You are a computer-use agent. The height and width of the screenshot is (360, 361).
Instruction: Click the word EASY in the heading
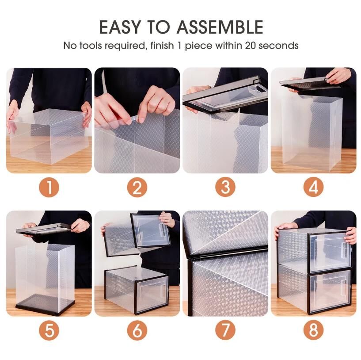[120, 27]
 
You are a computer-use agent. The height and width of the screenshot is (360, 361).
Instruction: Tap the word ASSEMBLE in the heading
[220, 27]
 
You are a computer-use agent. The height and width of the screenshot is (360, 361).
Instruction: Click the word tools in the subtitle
[91, 46]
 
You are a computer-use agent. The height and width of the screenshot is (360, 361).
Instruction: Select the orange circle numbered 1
[49, 187]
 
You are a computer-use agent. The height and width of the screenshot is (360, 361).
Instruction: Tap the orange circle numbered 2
[137, 187]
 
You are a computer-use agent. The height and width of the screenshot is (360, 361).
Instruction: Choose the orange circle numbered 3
[225, 187]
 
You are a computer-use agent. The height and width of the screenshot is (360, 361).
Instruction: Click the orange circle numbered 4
[313, 187]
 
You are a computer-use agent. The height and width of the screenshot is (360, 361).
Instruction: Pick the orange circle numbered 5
[49, 330]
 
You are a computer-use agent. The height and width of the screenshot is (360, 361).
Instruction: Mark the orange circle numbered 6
[137, 330]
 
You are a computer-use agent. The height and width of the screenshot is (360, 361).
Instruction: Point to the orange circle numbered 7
[225, 330]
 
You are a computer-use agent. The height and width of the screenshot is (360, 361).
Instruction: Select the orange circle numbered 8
[313, 330]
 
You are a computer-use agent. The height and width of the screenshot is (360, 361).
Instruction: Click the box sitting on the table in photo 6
[136, 290]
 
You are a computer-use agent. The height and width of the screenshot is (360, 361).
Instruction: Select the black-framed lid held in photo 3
[226, 95]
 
